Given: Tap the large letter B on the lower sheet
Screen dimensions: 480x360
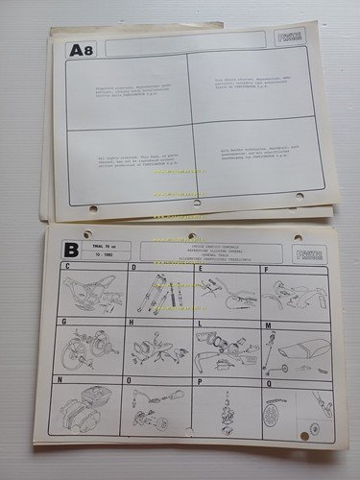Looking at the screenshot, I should coord(70,252).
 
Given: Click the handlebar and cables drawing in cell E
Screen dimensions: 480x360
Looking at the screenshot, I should coord(225,293).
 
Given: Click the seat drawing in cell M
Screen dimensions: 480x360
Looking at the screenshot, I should coord(293,352).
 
